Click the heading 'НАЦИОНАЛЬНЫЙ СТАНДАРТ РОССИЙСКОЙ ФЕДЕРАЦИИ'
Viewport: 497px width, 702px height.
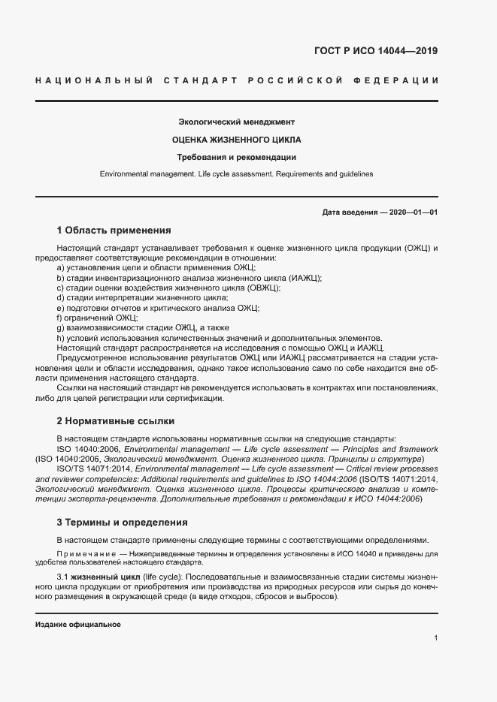point(237,80)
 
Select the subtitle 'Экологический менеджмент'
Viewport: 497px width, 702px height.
point(236,122)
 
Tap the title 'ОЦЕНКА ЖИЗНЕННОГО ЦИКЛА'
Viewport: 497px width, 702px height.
point(236,140)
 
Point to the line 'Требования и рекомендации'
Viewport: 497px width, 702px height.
point(236,158)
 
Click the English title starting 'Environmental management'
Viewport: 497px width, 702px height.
point(236,174)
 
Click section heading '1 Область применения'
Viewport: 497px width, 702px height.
point(114,230)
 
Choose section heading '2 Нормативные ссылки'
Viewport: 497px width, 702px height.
point(116,421)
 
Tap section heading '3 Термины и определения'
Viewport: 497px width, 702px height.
point(123,522)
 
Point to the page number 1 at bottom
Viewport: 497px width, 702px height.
point(436,638)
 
